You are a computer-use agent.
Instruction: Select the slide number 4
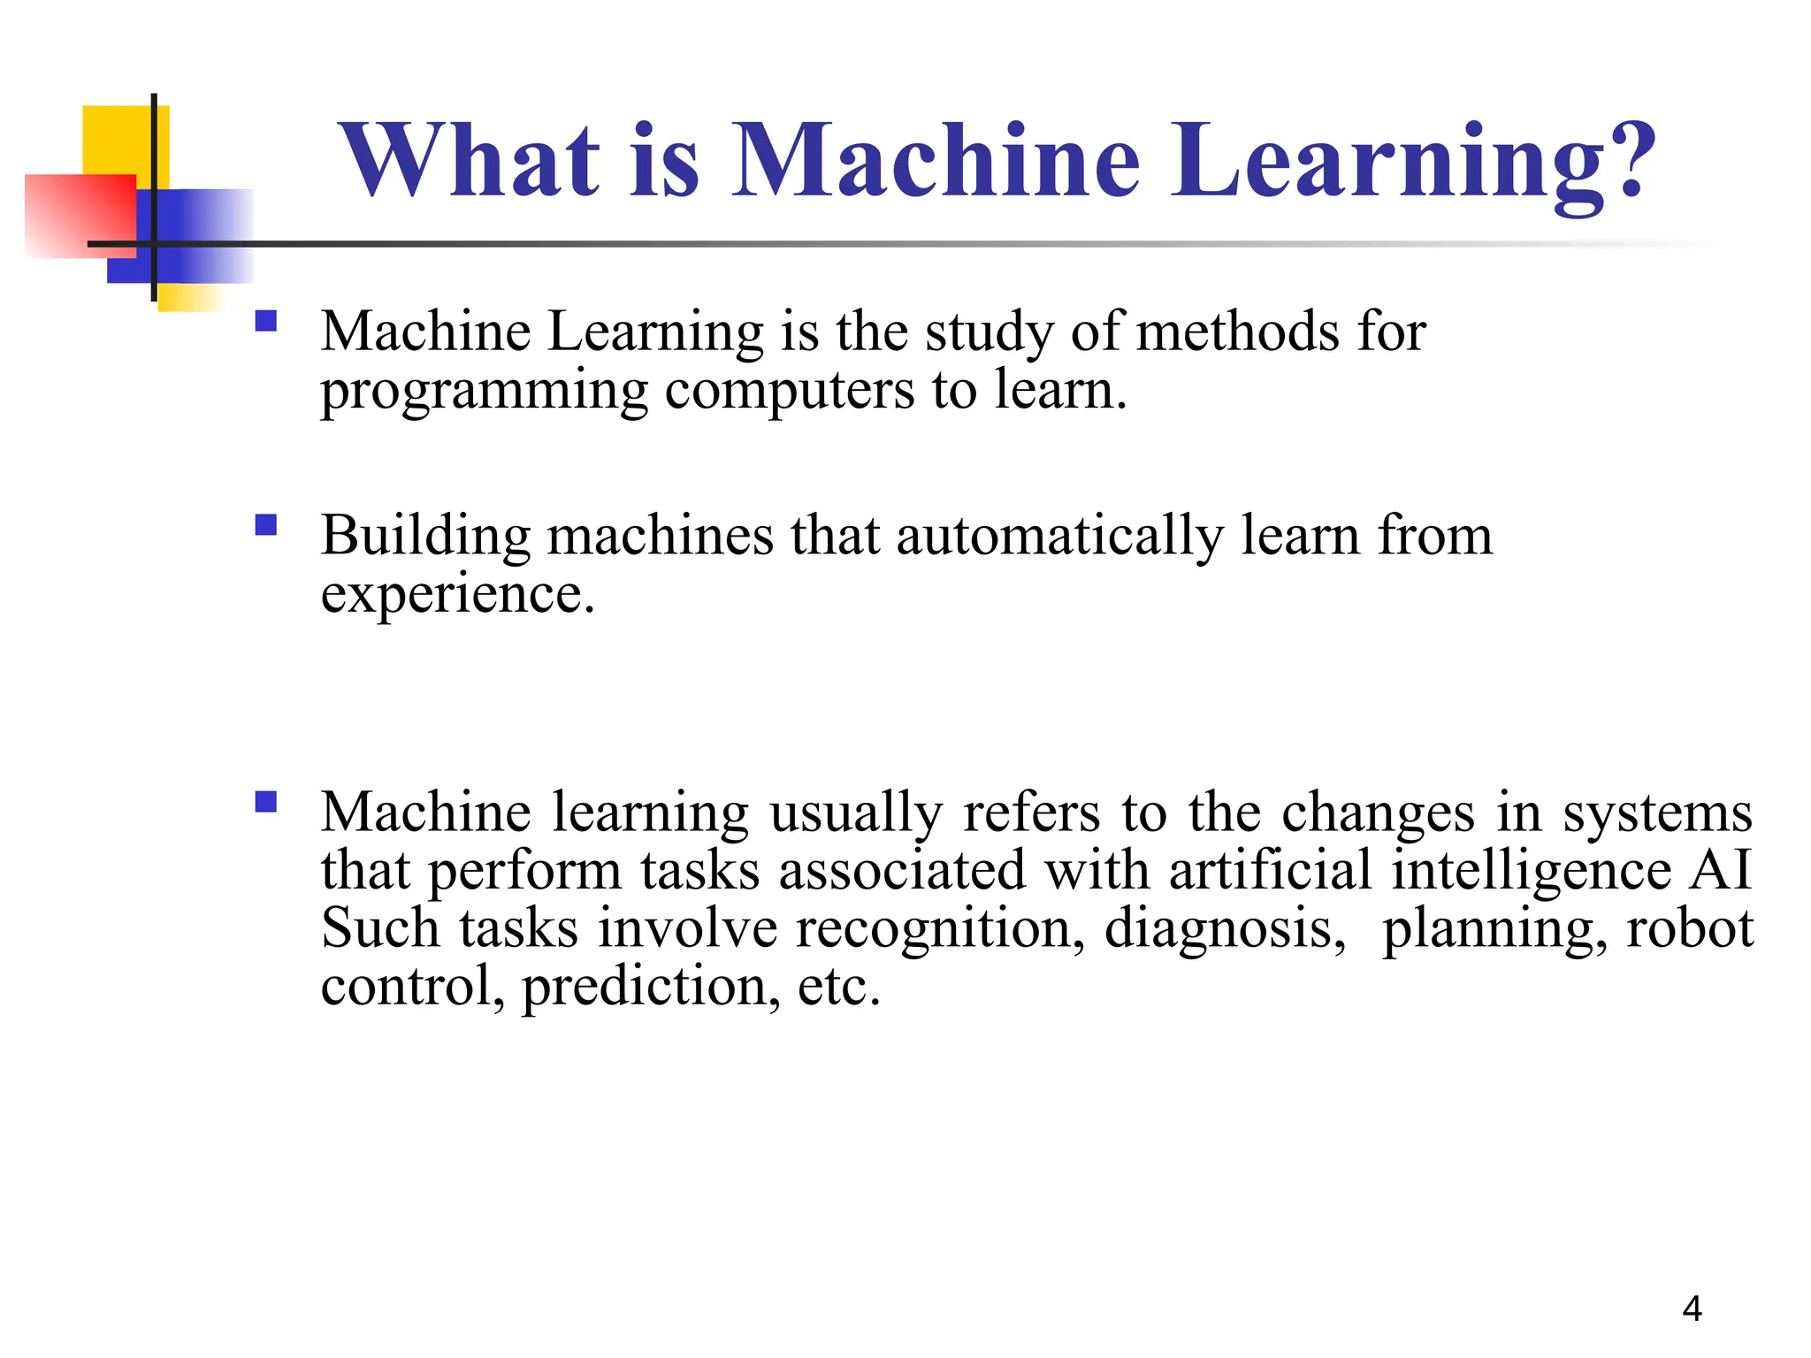click(x=1692, y=1308)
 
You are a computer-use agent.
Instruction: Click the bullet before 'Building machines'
click(x=265, y=526)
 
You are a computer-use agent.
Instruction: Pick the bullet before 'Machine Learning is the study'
click(x=265, y=320)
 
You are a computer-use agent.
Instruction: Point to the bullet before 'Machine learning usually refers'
click(x=265, y=802)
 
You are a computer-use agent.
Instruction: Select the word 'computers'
click(x=789, y=391)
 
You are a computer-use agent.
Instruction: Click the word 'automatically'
click(x=1059, y=536)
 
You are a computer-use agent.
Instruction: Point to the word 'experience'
click(x=456, y=594)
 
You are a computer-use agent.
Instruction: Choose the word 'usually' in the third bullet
click(x=855, y=813)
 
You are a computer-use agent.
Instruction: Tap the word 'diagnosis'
click(x=1225, y=929)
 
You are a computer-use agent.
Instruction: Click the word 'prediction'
click(x=651, y=987)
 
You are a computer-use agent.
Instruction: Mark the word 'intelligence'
click(x=1531, y=871)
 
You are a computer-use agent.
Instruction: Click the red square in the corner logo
click(x=80, y=216)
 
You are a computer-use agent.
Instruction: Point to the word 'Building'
click(x=425, y=537)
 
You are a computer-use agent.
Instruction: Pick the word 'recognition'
click(x=939, y=929)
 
